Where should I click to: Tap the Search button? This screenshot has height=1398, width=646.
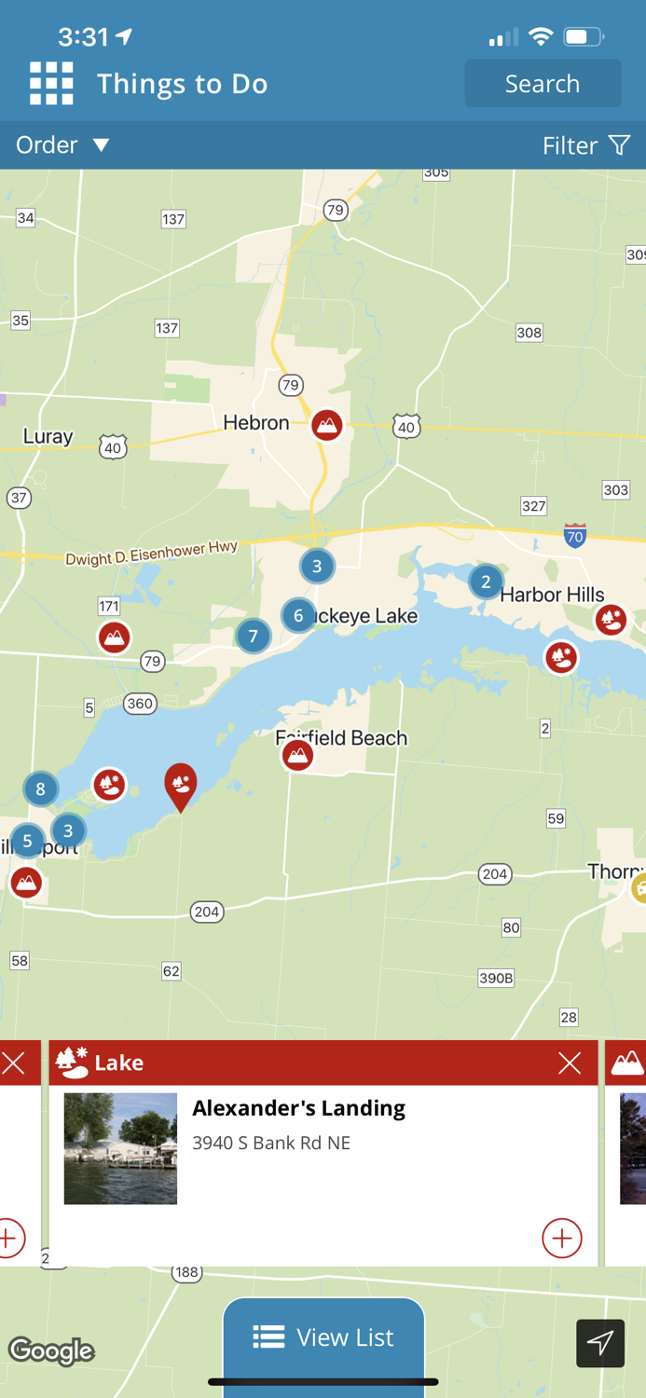(x=543, y=84)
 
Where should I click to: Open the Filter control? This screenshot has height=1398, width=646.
(x=586, y=145)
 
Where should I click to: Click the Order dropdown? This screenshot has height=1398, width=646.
(x=62, y=145)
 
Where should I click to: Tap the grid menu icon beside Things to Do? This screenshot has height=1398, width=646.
(x=51, y=84)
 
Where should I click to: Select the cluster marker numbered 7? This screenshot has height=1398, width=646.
(x=253, y=637)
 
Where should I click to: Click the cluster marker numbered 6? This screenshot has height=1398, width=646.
(x=298, y=615)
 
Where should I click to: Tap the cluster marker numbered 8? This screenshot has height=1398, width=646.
(x=40, y=789)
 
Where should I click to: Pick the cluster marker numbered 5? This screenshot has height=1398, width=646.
(x=27, y=842)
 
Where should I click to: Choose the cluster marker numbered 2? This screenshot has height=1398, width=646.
(x=485, y=582)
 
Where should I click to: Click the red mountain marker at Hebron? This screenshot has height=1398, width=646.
(x=326, y=425)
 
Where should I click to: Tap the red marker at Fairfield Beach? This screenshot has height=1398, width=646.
(x=297, y=755)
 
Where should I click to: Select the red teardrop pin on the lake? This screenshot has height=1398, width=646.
(x=180, y=784)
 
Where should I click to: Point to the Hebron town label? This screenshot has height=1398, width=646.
(x=256, y=423)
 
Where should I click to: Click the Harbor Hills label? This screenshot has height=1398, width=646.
(x=552, y=595)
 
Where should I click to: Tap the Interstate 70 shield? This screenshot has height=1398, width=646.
(x=575, y=536)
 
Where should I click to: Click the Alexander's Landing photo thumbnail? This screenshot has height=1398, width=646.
(x=120, y=1148)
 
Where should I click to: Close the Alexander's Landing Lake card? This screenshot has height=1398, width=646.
(x=570, y=1062)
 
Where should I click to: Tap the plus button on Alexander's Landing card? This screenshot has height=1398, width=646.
(x=561, y=1238)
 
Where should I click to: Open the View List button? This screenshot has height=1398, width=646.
(x=323, y=1337)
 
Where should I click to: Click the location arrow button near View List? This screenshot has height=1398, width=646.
(x=600, y=1343)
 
